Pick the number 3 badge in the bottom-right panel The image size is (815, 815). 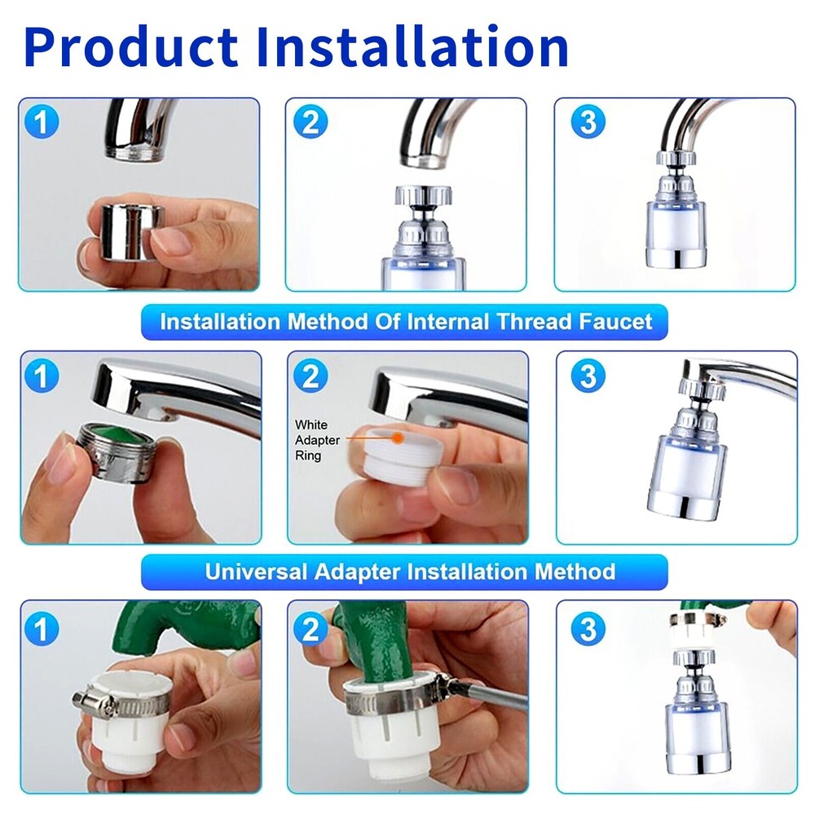(588, 629)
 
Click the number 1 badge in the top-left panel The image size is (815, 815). (43, 123)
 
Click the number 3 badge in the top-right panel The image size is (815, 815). (588, 122)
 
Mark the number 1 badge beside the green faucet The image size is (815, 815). (43, 628)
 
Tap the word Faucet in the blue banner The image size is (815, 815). (615, 321)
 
